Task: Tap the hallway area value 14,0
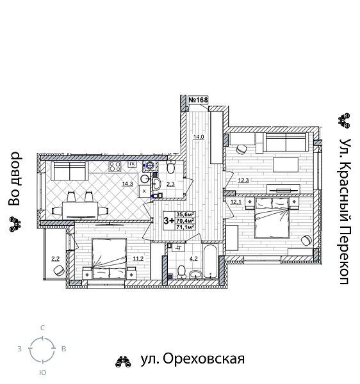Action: tap(199, 137)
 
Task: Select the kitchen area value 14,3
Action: tap(127, 184)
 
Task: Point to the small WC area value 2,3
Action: tap(170, 184)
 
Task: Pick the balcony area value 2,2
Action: tap(55, 259)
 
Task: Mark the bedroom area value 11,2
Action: tap(137, 259)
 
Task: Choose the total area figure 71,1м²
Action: tap(185, 227)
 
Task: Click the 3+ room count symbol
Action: tap(169, 221)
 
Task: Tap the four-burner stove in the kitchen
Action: tap(116, 167)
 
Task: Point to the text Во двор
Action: tap(15, 179)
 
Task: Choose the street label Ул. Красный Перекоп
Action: tap(344, 211)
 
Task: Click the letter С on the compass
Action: tap(42, 328)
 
